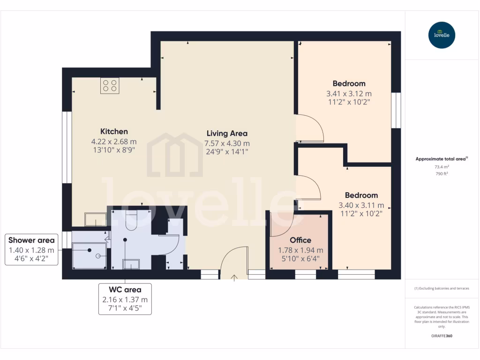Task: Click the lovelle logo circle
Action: pyautogui.click(x=442, y=35)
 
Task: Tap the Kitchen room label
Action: pyautogui.click(x=114, y=131)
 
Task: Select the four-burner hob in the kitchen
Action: pyautogui.click(x=110, y=86)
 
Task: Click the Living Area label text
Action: pyautogui.click(x=227, y=133)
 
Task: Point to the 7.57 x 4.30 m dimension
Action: pyautogui.click(x=227, y=143)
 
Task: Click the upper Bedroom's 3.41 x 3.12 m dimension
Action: pyautogui.click(x=349, y=93)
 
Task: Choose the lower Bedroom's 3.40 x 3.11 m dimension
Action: pyautogui.click(x=361, y=205)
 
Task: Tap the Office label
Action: pyautogui.click(x=300, y=240)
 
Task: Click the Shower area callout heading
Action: pyautogui.click(x=31, y=240)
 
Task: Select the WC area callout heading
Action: pyautogui.click(x=125, y=290)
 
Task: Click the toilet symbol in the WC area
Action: pyautogui.click(x=131, y=220)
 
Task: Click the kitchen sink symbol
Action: pyautogui.click(x=96, y=219)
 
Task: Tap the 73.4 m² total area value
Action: pyautogui.click(x=442, y=166)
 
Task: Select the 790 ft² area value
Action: pyautogui.click(x=442, y=174)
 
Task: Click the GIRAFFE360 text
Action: pyautogui.click(x=442, y=336)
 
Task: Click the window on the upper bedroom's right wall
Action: pyautogui.click(x=396, y=110)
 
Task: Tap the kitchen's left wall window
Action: pyautogui.click(x=67, y=147)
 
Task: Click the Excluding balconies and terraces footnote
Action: pyautogui.click(x=442, y=288)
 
